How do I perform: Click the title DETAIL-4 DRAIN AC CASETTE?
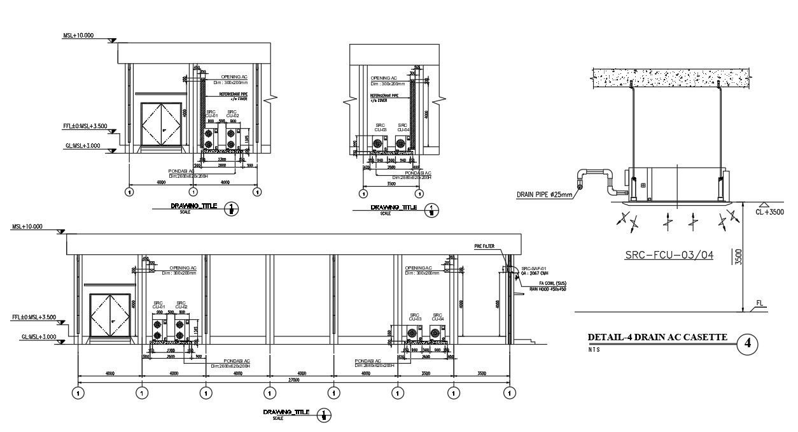(657, 337)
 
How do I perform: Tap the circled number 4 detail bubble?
(748, 344)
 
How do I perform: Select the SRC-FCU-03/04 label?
(669, 255)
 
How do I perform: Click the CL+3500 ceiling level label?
(769, 212)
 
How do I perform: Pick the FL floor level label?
(760, 304)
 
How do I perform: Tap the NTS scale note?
(593, 349)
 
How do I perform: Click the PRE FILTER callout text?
(484, 245)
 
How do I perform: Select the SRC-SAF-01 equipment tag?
(533, 269)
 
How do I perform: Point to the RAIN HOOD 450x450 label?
(548, 289)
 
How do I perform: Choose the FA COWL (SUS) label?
(552, 283)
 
